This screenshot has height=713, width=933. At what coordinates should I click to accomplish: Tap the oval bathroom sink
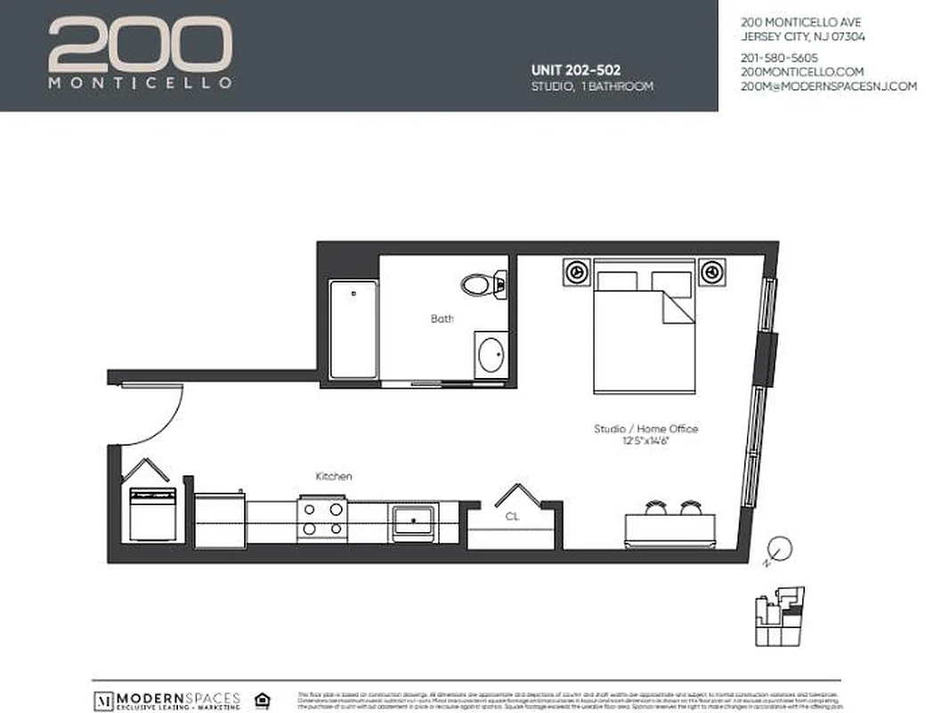[491, 356]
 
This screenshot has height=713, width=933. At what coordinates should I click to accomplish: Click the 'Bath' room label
[442, 318]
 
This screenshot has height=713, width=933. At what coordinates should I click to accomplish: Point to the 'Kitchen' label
[334, 477]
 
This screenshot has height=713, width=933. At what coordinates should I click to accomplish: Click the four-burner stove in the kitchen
[321, 519]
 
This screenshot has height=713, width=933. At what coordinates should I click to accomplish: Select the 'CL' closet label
[512, 515]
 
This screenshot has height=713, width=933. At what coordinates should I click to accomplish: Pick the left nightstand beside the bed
[576, 271]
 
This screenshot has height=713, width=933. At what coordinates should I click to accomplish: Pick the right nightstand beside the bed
[711, 271]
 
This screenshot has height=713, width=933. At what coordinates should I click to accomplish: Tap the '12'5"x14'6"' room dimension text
[646, 441]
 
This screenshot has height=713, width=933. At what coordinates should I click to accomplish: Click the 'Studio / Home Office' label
[646, 429]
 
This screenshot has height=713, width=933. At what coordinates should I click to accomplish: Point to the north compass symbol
[778, 547]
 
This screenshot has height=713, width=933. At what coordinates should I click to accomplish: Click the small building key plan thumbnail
[779, 616]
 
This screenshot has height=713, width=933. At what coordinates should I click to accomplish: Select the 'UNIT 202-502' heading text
[575, 70]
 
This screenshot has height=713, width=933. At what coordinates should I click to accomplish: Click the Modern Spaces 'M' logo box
[103, 696]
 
